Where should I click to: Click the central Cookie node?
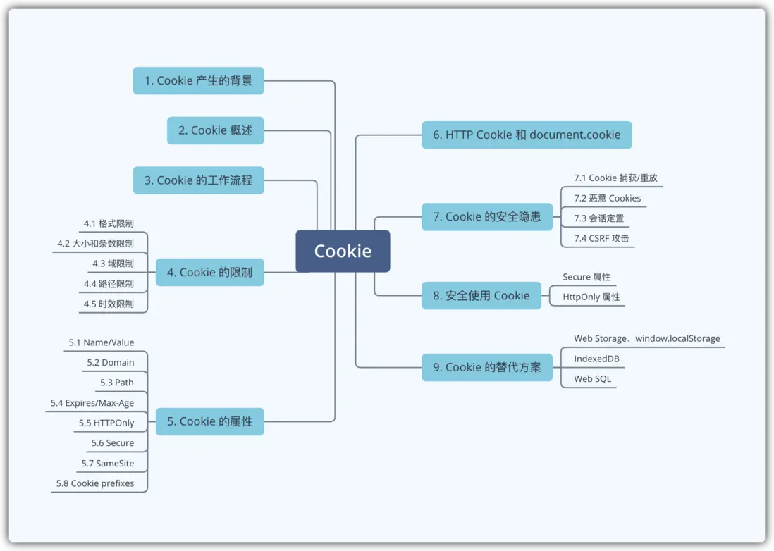pyautogui.click(x=343, y=251)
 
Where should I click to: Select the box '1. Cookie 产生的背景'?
pyautogui.click(x=198, y=80)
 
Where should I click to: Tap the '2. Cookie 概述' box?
pyautogui.click(x=215, y=130)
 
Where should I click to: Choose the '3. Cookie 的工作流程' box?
pyautogui.click(x=198, y=180)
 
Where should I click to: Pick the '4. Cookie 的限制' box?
pyautogui.click(x=209, y=272)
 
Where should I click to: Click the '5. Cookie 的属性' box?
pyautogui.click(x=209, y=421)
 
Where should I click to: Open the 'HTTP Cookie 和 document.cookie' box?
pyautogui.click(x=527, y=135)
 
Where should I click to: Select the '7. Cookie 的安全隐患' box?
pyautogui.click(x=486, y=216)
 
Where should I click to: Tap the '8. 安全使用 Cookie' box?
pyautogui.click(x=481, y=296)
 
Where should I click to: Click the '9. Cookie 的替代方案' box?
pyautogui.click(x=486, y=367)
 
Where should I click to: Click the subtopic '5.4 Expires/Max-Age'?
pyautogui.click(x=92, y=403)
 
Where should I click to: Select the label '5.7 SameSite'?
pyautogui.click(x=107, y=464)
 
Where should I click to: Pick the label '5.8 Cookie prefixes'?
pyautogui.click(x=95, y=484)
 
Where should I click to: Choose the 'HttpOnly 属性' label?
pyautogui.click(x=591, y=297)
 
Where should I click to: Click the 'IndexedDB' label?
pyautogui.click(x=596, y=359)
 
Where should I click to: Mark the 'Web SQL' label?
pyautogui.click(x=592, y=379)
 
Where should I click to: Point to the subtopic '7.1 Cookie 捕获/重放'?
pyautogui.click(x=615, y=178)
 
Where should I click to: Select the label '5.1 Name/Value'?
pyautogui.click(x=101, y=342)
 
